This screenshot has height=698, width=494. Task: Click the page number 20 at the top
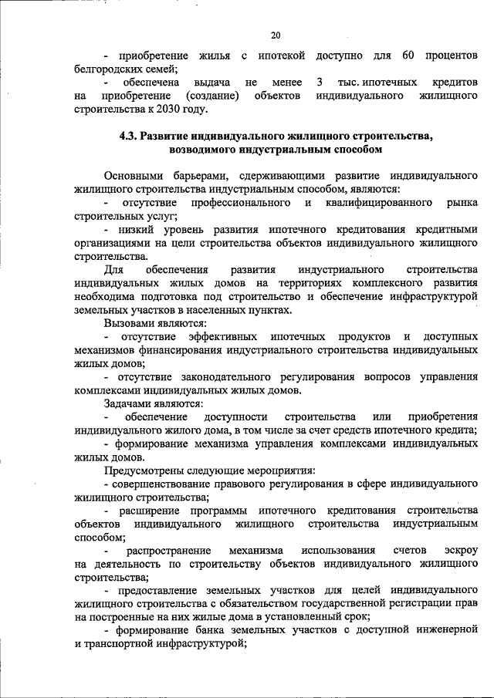(276, 34)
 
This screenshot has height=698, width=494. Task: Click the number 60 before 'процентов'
(409, 56)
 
